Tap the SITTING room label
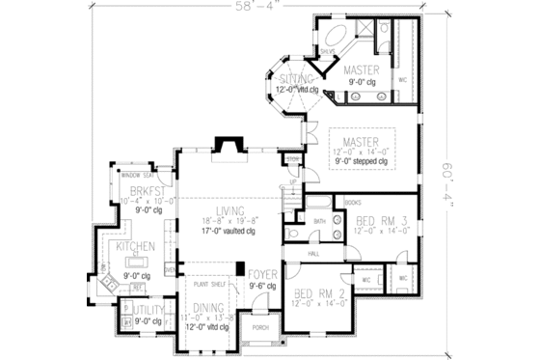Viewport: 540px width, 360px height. tap(290, 78)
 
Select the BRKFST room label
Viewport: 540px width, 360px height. tap(143, 193)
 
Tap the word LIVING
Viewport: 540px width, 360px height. tap(229, 210)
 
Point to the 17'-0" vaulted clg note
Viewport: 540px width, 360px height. tap(229, 232)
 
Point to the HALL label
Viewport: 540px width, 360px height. tap(314, 253)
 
